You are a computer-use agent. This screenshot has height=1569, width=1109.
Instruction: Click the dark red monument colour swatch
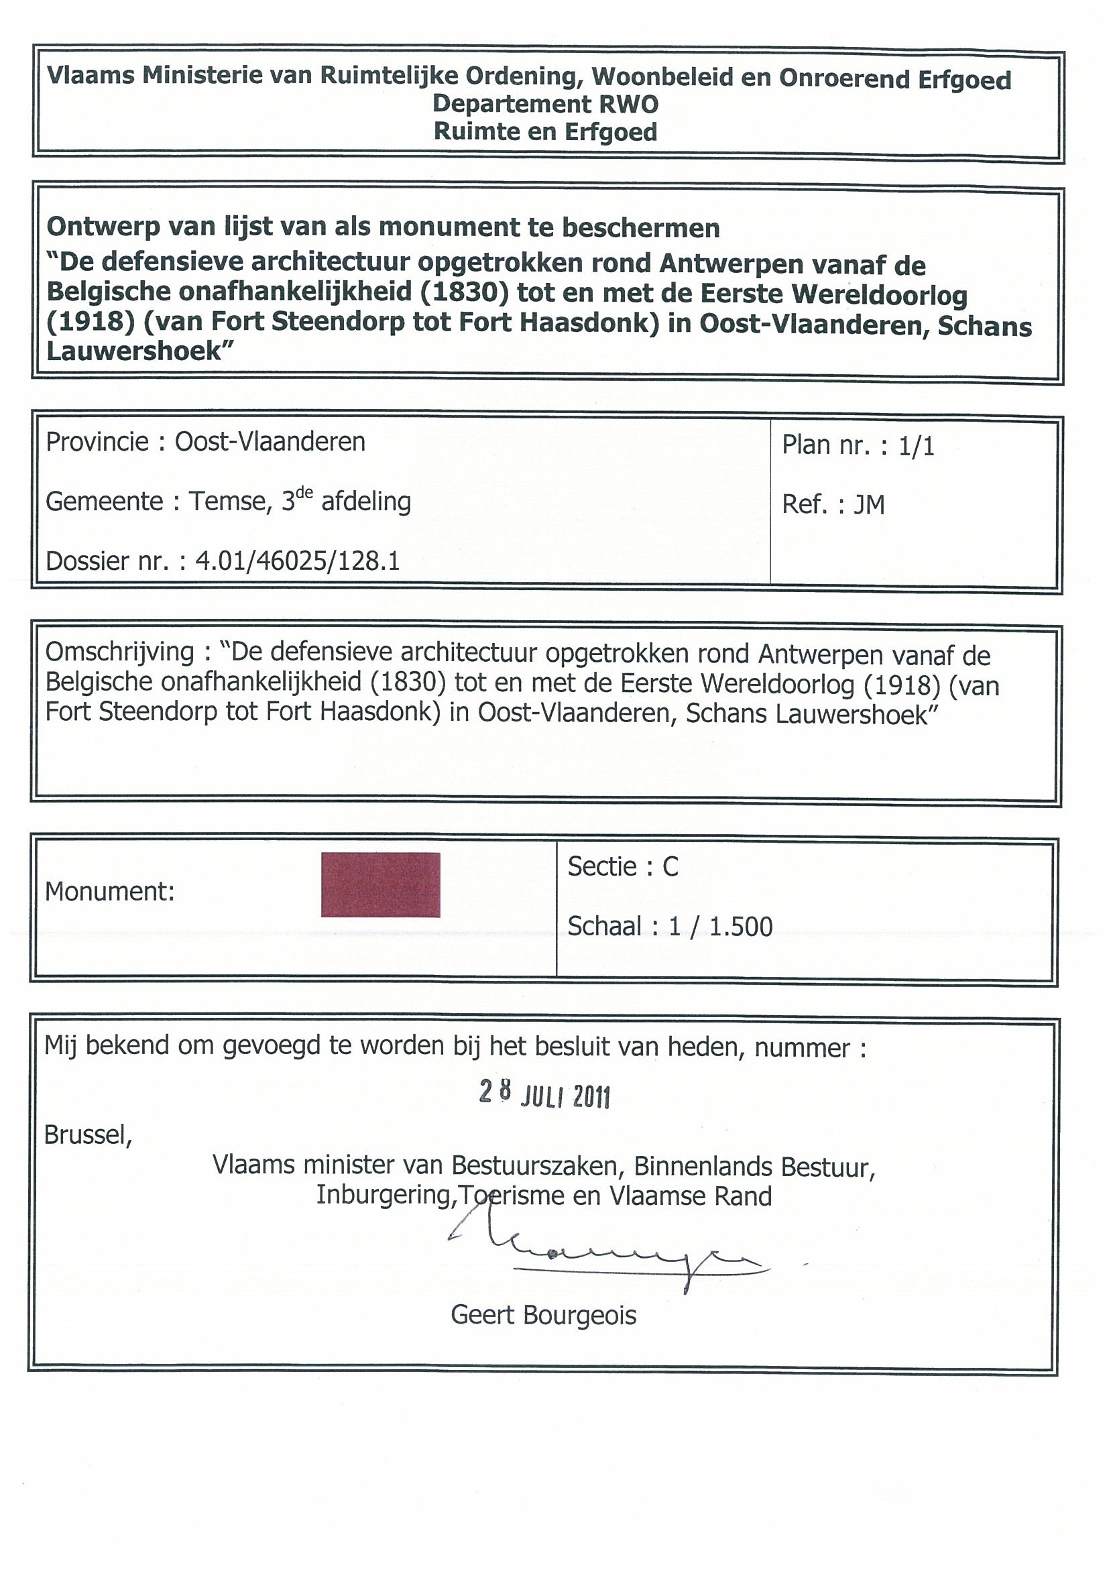[381, 884]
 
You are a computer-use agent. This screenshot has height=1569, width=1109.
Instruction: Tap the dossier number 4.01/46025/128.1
[297, 561]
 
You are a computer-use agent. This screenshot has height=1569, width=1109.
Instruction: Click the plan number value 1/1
[917, 447]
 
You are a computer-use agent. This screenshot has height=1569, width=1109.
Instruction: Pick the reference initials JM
[869, 505]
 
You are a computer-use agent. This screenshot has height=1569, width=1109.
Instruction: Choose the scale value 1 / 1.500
[721, 927]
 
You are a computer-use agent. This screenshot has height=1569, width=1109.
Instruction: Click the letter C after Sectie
[670, 867]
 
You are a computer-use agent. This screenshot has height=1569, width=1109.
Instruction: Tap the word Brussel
[87, 1135]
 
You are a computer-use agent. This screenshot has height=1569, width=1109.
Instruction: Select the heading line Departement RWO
[545, 104]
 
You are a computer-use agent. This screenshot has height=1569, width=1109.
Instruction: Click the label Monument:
[110, 891]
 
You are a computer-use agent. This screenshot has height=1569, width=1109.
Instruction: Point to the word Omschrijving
[119, 652]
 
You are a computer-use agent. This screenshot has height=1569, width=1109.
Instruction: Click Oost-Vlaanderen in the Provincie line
[270, 442]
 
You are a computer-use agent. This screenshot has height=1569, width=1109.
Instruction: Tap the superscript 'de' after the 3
[305, 493]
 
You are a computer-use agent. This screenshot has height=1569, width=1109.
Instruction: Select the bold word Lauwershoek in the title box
[135, 351]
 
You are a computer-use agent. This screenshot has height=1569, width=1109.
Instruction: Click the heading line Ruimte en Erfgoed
[545, 132]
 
